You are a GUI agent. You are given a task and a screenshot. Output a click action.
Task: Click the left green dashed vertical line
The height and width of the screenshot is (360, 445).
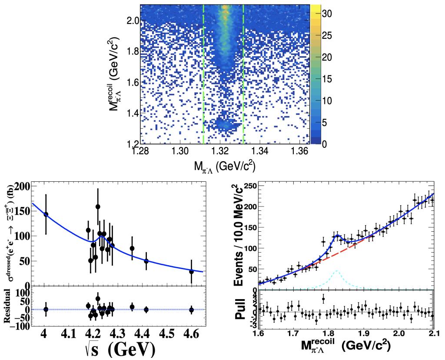coord(203,74)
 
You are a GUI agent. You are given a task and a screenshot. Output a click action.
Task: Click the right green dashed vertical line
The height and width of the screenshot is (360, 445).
coord(243,74)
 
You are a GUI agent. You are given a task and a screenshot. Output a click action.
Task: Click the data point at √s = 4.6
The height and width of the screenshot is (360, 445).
coord(191,272)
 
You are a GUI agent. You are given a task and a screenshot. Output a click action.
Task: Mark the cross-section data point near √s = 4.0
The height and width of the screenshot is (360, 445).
coord(46,214)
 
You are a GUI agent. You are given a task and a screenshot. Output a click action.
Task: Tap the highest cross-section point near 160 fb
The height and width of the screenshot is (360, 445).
coord(98,207)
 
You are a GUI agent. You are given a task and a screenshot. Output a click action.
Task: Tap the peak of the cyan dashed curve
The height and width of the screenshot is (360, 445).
coord(337,271)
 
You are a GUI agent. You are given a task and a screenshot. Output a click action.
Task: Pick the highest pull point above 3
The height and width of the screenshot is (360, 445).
coord(323,299)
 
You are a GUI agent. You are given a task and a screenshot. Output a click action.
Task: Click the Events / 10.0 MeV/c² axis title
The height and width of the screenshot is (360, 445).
coord(239,235)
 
